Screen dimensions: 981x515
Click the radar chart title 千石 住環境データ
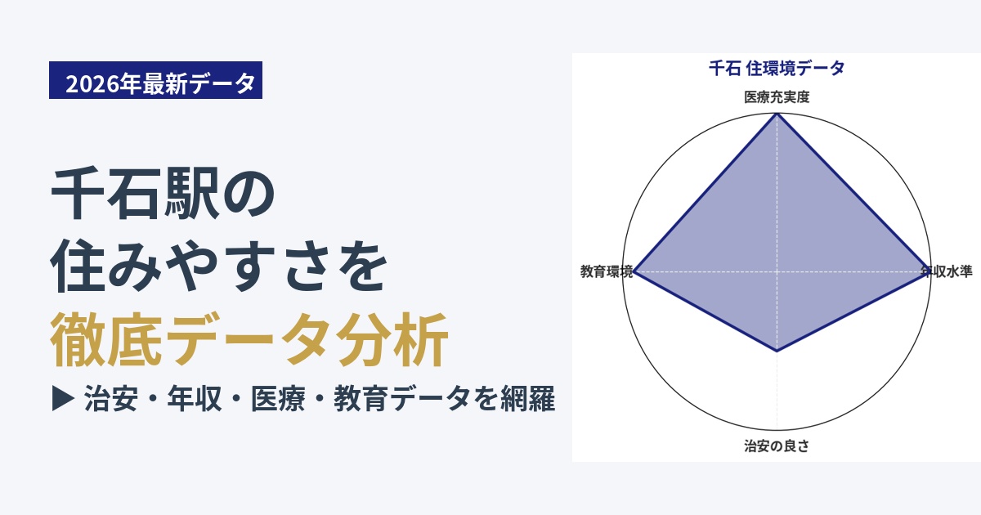[x=777, y=69]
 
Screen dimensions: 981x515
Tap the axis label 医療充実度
[x=777, y=97]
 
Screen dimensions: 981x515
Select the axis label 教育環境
[x=607, y=271]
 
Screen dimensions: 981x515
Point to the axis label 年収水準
[x=947, y=271]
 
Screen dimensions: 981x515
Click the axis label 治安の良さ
[x=777, y=446]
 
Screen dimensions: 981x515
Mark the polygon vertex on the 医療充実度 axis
[x=777, y=114]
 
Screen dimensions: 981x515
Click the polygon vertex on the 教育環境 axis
[x=635, y=271]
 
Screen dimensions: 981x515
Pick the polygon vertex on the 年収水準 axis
[x=929, y=271]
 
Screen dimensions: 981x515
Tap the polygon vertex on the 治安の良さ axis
[x=777, y=351]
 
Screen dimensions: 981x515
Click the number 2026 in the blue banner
[x=92, y=83]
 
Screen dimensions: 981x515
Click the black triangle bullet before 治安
[x=63, y=398]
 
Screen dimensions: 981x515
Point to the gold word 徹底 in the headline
[x=106, y=339]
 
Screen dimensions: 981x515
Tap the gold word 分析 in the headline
[x=392, y=339]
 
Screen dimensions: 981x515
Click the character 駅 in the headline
[x=191, y=193]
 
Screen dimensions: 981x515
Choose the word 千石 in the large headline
[x=107, y=193]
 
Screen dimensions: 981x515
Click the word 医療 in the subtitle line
[x=278, y=399]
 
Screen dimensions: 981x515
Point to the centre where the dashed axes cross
[x=777, y=271]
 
